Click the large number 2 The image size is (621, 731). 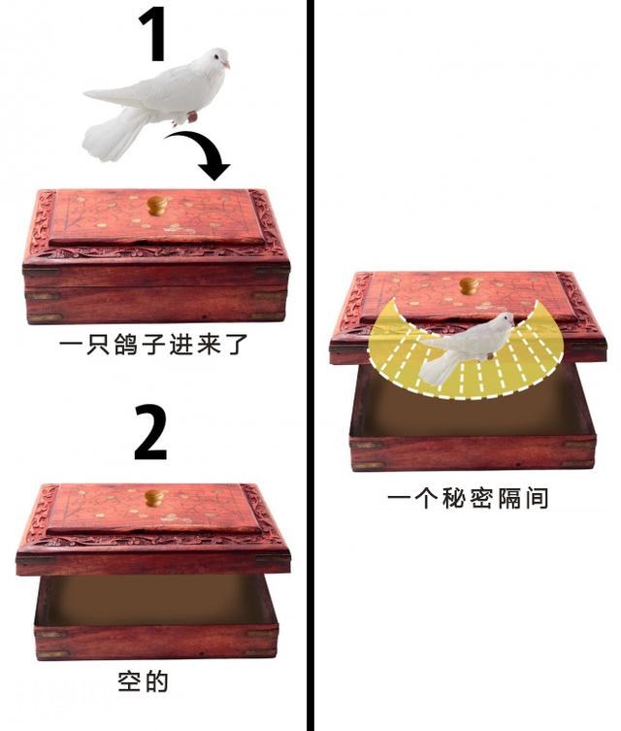(150, 432)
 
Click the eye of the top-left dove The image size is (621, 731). (216, 57)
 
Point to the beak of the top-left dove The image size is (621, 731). (226, 65)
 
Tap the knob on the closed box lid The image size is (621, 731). (157, 206)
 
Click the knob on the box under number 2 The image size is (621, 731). (154, 497)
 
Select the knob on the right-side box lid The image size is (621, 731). (470, 285)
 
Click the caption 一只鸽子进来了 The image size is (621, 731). (153, 345)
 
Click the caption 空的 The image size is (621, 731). (143, 681)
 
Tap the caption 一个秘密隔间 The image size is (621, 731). (468, 498)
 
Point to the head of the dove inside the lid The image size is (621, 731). (504, 321)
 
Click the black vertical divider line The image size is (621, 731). (310, 365)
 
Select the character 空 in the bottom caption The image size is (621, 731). (129, 681)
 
